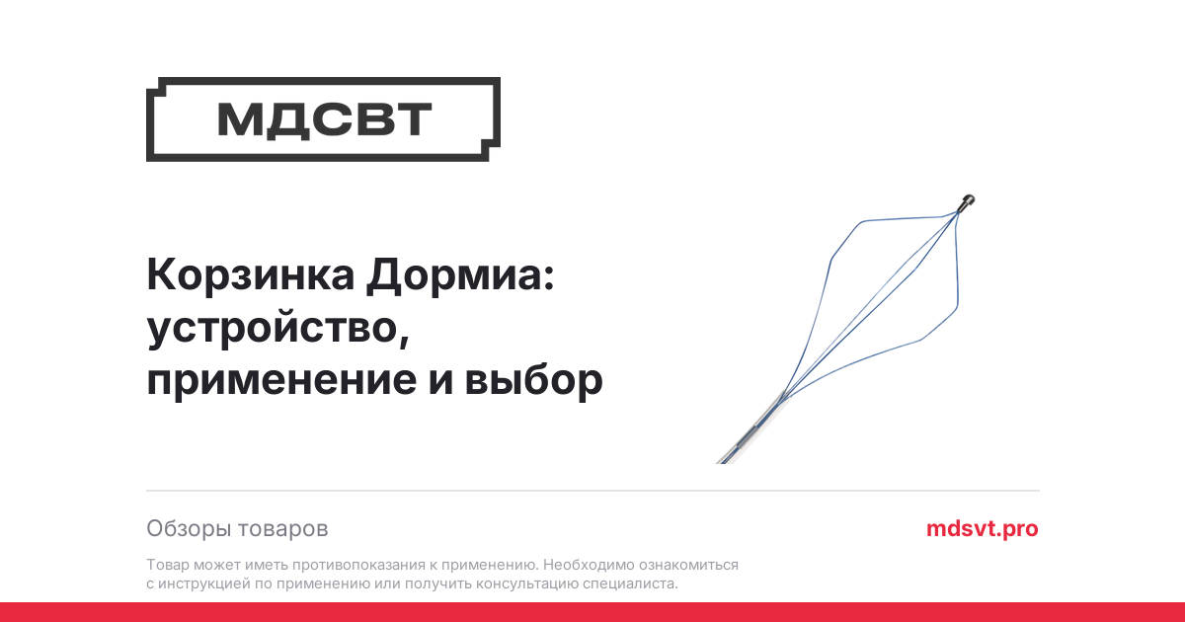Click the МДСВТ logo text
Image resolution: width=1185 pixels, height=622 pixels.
point(324,119)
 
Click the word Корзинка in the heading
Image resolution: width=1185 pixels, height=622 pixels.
point(251,275)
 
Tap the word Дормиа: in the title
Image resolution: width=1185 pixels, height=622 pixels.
point(460,276)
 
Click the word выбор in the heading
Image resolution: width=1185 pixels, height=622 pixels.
point(534,379)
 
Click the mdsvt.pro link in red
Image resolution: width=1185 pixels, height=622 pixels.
point(983,528)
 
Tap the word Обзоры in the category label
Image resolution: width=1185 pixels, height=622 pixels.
point(189,528)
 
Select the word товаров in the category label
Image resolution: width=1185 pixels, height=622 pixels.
point(283,529)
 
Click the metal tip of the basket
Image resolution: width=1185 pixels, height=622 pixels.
point(967,202)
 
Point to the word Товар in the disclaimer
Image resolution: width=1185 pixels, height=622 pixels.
point(168,565)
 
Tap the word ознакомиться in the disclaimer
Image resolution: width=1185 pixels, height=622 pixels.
point(688,565)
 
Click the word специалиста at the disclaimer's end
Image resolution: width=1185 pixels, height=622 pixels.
point(630,583)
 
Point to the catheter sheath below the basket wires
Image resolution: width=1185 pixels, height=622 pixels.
point(750,430)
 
